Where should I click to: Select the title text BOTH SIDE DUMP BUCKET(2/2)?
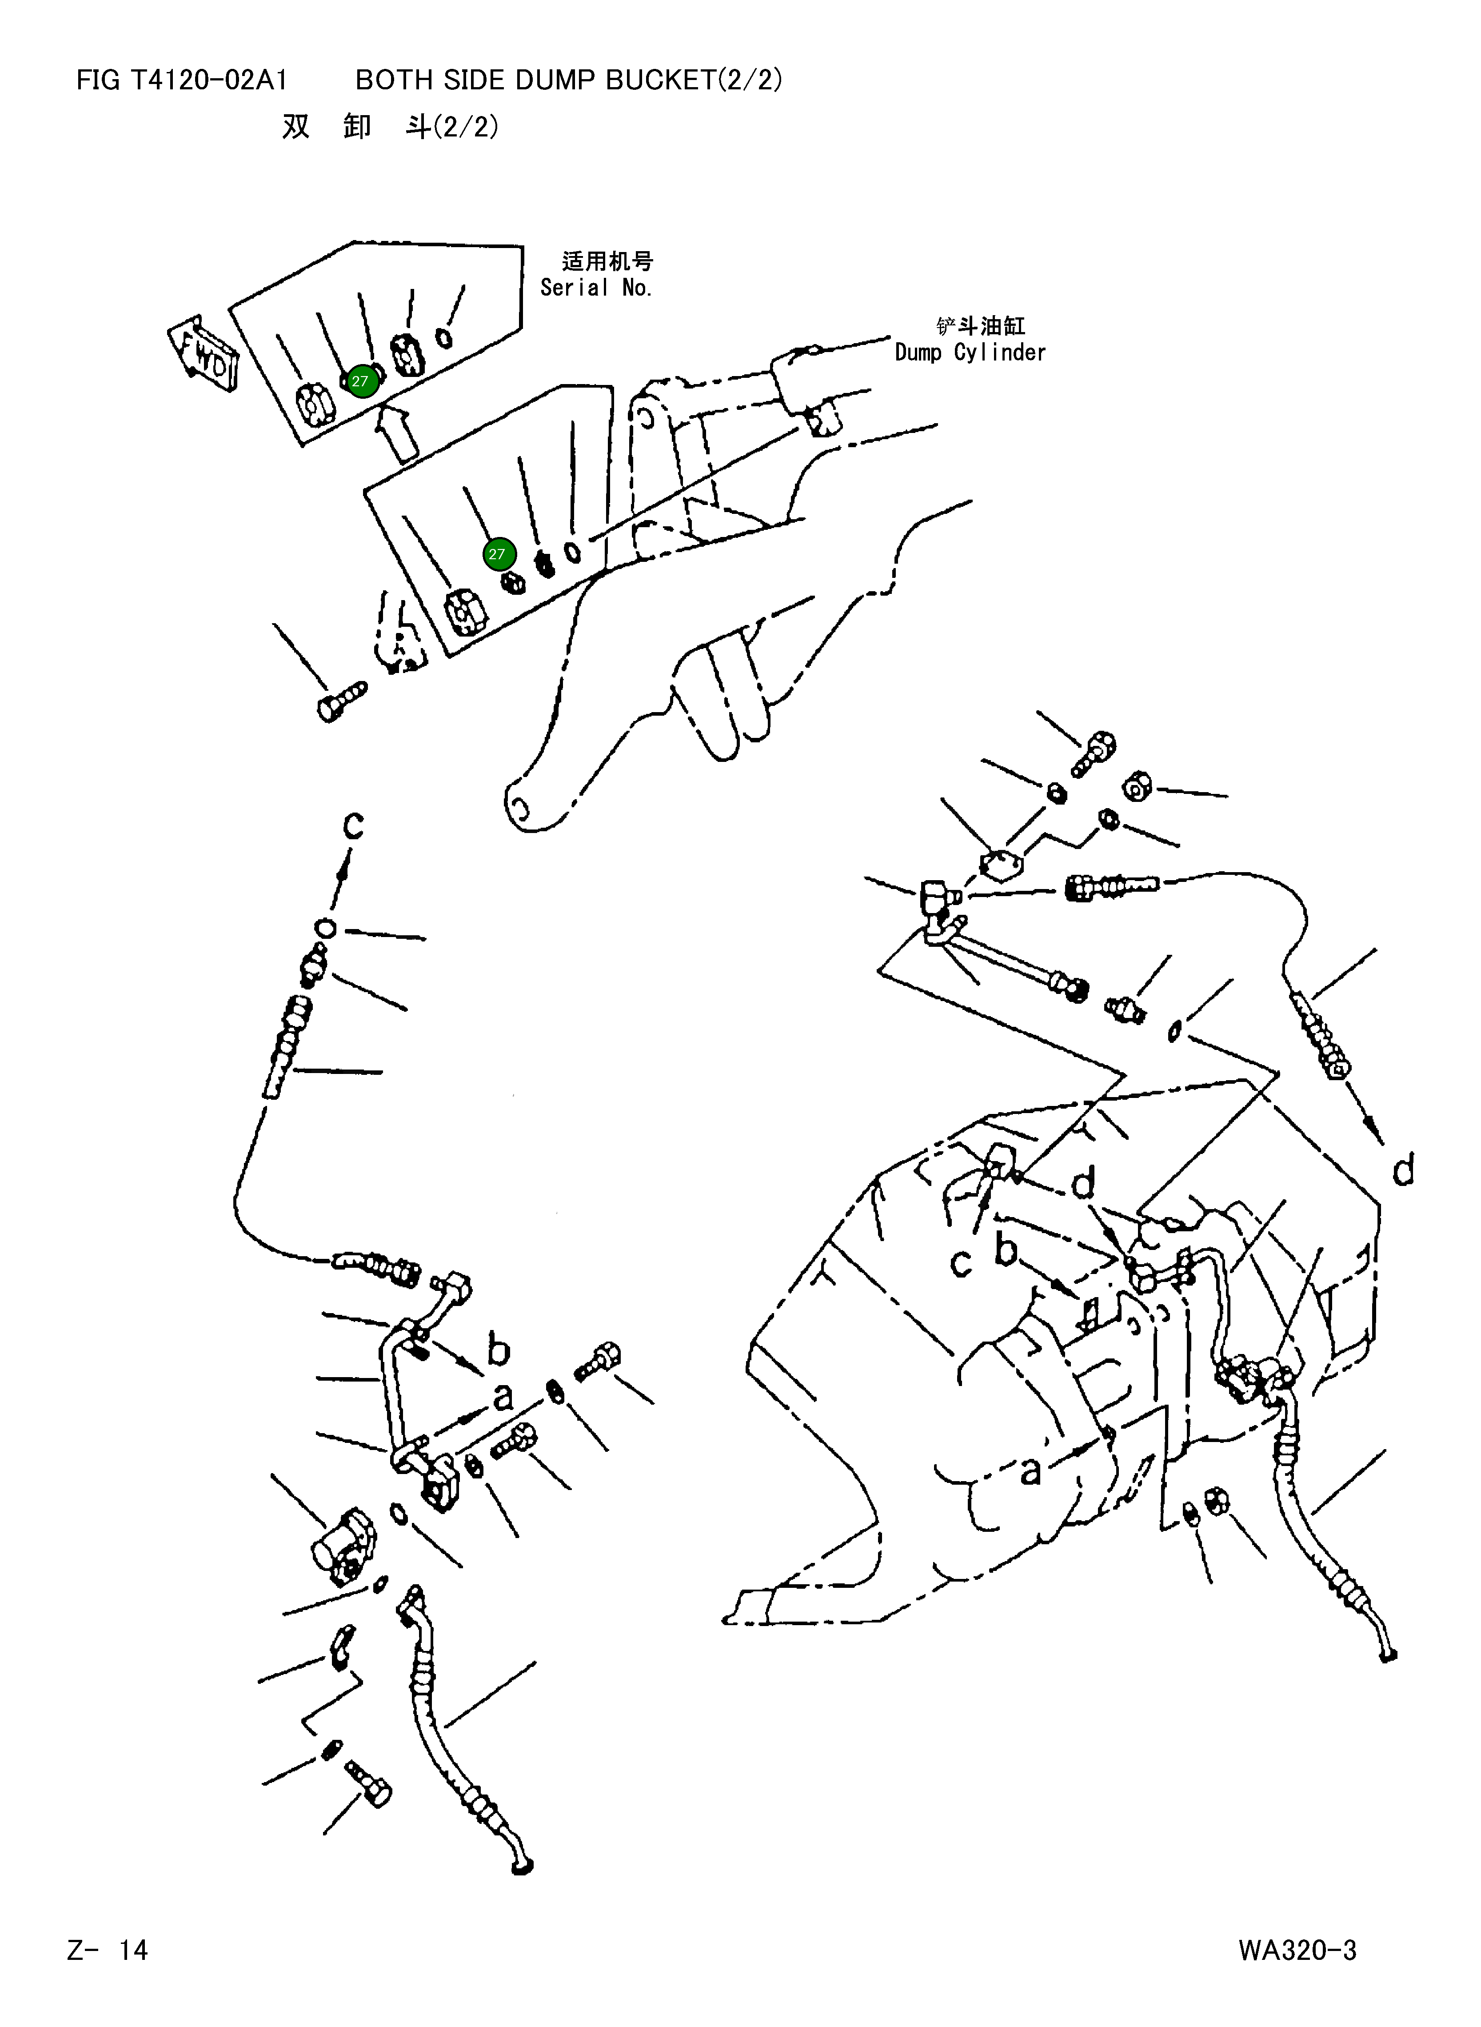coord(568,81)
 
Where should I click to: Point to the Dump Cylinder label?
coord(970,353)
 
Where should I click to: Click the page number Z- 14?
coord(108,1950)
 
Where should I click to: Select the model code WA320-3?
coord(1297,1950)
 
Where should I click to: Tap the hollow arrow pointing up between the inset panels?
coord(397,433)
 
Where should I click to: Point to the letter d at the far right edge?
coord(1403,1170)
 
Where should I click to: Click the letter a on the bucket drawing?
coord(1031,1469)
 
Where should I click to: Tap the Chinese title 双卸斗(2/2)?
coord(390,128)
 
